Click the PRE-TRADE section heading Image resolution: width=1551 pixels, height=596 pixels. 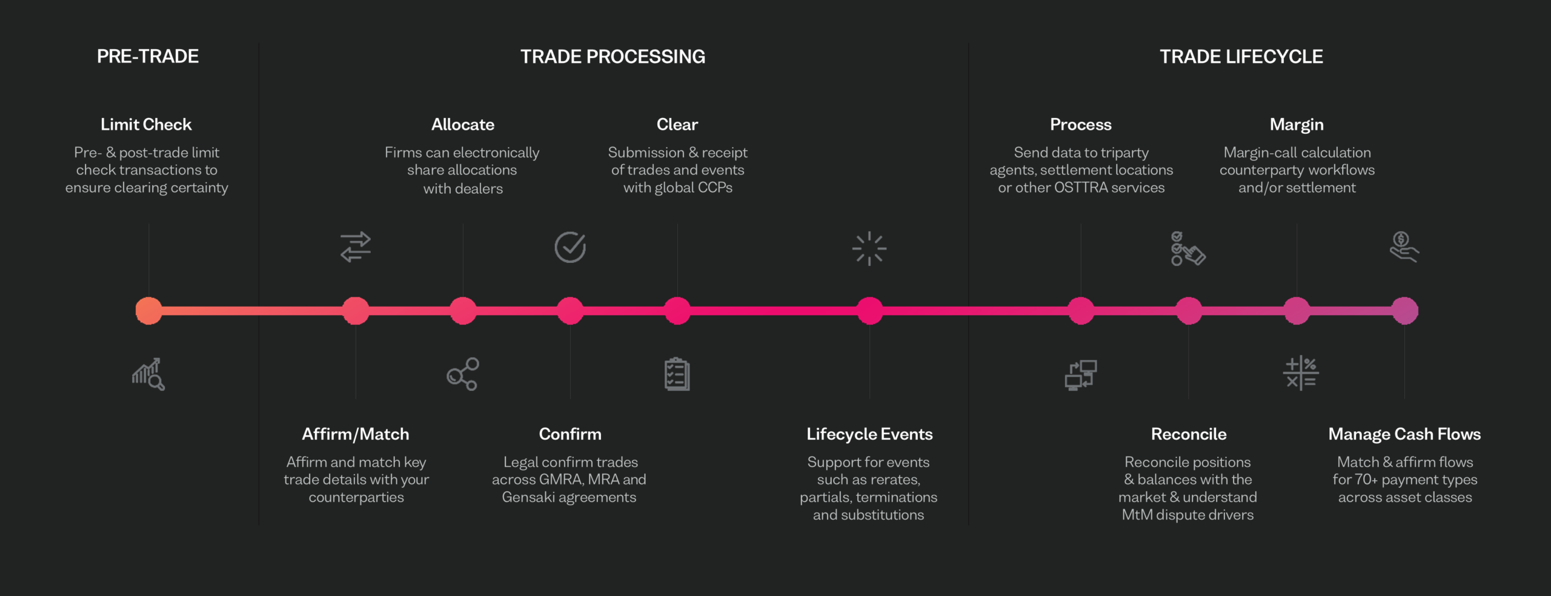148,56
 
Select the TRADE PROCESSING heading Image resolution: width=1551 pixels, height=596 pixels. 613,56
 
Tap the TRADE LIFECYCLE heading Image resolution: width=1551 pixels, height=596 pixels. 1241,56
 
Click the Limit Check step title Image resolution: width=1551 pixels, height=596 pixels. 146,124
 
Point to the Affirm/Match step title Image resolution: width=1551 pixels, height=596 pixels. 356,434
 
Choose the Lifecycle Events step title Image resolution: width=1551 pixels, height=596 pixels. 869,434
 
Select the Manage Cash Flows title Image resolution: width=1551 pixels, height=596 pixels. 1404,434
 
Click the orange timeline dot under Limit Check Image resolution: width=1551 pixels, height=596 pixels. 148,311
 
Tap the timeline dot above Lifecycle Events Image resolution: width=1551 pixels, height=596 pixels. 869,311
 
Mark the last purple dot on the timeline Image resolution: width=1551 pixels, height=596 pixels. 1404,311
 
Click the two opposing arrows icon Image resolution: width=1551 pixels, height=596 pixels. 356,247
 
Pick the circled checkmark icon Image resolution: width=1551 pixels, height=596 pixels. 570,247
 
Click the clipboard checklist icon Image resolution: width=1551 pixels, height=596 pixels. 677,374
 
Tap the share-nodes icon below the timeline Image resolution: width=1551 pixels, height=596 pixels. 463,374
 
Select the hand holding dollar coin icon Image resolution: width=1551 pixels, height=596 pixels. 1404,247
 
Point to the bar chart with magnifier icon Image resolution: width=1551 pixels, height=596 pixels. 148,374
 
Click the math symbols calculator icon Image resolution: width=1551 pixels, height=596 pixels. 1301,373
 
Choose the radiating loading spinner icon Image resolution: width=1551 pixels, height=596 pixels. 869,248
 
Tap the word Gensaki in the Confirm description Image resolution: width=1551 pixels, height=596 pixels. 528,497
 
